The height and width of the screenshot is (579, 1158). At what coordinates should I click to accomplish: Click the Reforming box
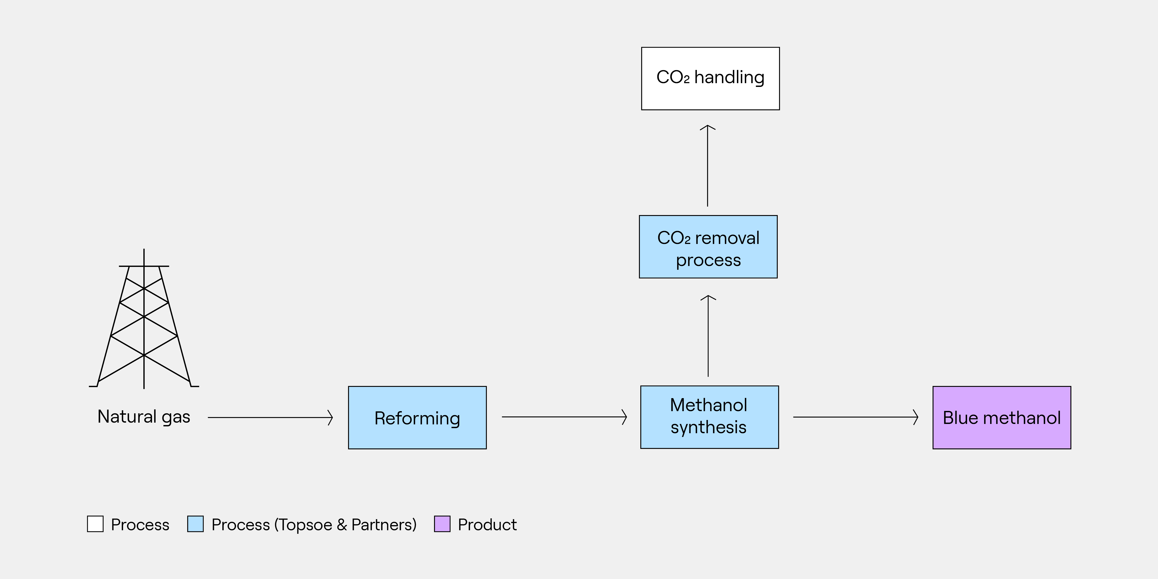(417, 418)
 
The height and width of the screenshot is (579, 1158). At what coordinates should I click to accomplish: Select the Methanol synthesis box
(709, 417)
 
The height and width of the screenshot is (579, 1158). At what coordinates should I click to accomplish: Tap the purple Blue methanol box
(1002, 418)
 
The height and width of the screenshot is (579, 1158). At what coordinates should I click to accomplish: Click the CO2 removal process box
(708, 247)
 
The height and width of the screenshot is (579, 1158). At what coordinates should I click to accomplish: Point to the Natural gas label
(144, 417)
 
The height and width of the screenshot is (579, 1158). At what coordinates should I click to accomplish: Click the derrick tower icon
(144, 319)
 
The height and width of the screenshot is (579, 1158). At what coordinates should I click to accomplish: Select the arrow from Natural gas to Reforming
(270, 418)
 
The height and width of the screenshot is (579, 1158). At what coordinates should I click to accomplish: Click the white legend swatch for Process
(95, 524)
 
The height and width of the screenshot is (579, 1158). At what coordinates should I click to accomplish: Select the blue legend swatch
(196, 524)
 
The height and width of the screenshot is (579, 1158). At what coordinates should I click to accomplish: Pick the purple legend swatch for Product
(442, 524)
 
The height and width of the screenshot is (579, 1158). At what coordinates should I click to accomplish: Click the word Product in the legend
(487, 525)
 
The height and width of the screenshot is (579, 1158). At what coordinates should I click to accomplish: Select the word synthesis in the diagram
(708, 427)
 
